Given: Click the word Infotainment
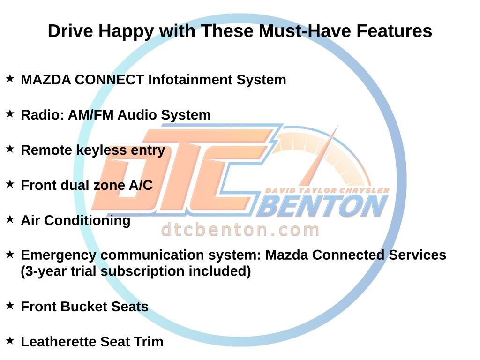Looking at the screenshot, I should click(x=190, y=80).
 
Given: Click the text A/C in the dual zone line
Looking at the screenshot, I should click(x=141, y=185).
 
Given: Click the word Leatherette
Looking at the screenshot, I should click(x=57, y=342).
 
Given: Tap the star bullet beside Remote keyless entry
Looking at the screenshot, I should click(x=10, y=149).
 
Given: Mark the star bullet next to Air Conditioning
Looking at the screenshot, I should click(x=10, y=219).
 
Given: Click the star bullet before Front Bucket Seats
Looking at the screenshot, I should click(x=10, y=306).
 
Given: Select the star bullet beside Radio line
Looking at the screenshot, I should click(x=10, y=114).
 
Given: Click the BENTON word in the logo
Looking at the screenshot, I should click(x=322, y=207).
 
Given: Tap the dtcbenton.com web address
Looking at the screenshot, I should click(x=240, y=230).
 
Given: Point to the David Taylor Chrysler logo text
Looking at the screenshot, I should click(x=327, y=190).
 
